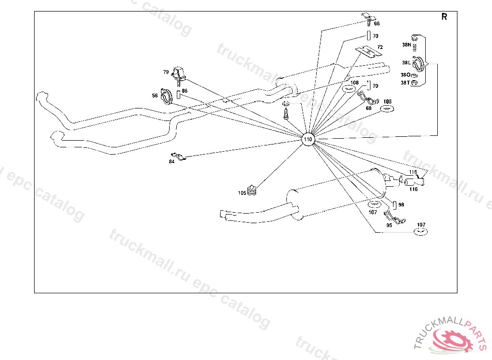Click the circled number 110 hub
click(x=308, y=139)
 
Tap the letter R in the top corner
click(x=444, y=17)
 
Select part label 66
click(x=376, y=24)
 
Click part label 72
click(x=380, y=47)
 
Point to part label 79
click(x=166, y=72)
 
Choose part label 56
click(x=155, y=96)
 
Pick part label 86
click(x=184, y=90)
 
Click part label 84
click(x=172, y=162)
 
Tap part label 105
click(x=242, y=193)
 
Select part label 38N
click(x=406, y=45)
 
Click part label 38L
click(x=406, y=62)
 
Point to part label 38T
click(x=406, y=83)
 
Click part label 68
click(x=369, y=108)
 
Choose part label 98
click(x=401, y=204)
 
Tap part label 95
click(x=389, y=225)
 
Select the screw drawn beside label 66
click(x=367, y=19)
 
